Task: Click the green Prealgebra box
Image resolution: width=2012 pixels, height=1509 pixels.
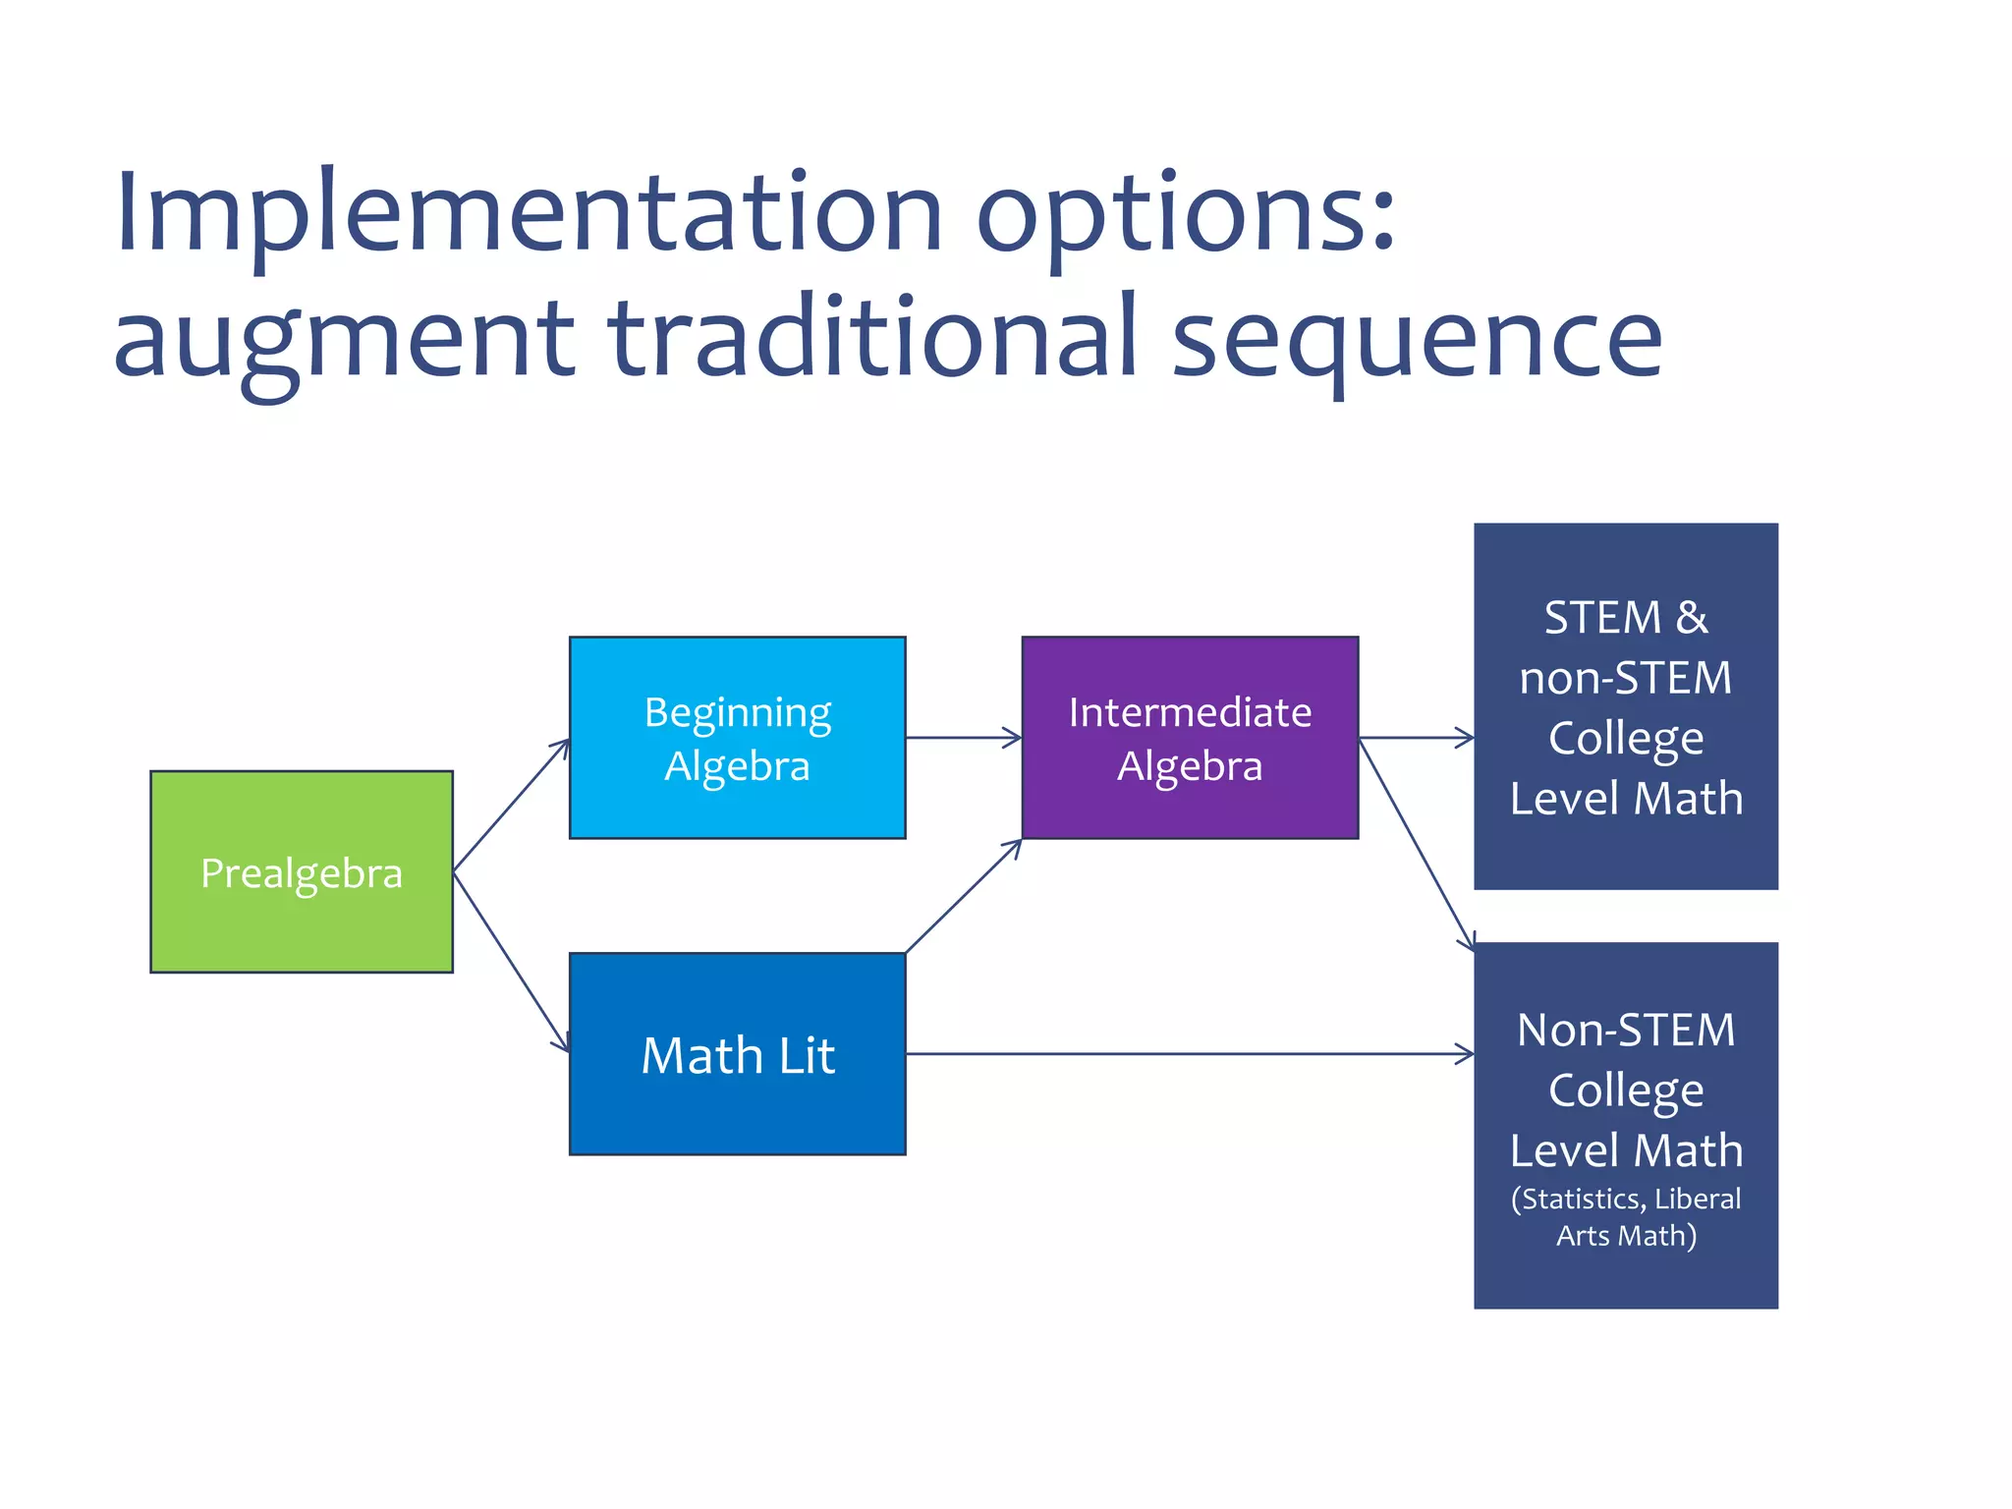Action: pos(301,872)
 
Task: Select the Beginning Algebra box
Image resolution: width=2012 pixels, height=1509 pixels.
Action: pos(737,738)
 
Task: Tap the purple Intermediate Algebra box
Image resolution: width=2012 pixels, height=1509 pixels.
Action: pos(1190,738)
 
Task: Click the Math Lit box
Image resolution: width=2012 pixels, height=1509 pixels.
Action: pos(737,1054)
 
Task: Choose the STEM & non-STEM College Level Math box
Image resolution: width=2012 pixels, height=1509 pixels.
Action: pos(1626,706)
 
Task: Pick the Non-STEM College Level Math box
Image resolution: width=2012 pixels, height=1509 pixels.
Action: pos(1626,1126)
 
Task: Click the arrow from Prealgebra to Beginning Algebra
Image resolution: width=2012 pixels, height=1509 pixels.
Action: pos(511,805)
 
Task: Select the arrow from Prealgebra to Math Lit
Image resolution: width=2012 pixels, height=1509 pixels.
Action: pos(511,961)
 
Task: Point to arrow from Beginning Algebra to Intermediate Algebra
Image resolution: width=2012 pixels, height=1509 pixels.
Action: pos(963,738)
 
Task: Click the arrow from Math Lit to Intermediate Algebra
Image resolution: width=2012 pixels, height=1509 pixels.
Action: pos(963,896)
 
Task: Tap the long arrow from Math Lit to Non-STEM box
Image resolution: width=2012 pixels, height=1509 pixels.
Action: pos(1189,1054)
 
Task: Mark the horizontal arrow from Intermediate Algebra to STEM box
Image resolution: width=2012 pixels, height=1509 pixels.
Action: pos(1416,738)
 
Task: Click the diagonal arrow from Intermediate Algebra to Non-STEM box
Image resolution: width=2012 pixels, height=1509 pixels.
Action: pos(1416,844)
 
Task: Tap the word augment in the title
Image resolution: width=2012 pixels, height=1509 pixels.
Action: pos(344,339)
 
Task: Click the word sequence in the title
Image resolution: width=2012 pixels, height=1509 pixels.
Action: pos(1418,339)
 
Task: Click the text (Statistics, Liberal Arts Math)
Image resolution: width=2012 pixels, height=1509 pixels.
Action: pos(1626,1217)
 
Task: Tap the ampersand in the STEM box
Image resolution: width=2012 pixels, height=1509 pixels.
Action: pos(1692,618)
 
